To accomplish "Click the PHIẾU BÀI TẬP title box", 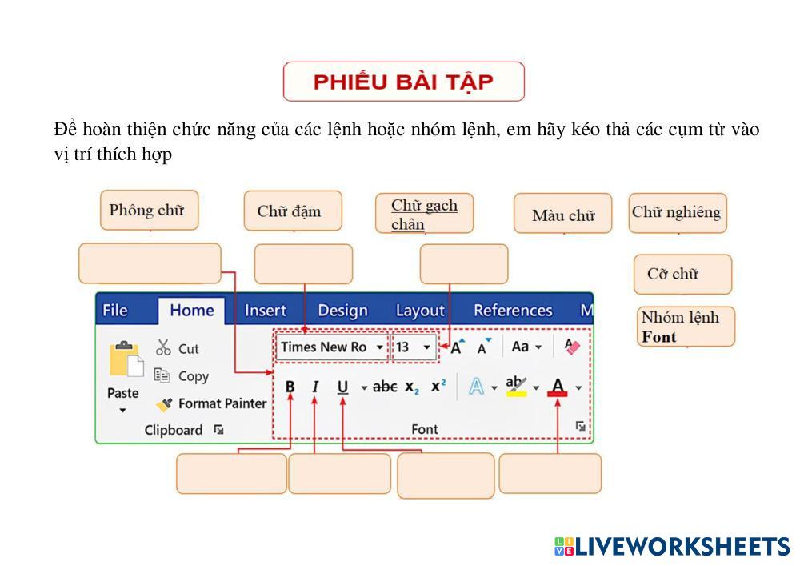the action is click(x=403, y=82).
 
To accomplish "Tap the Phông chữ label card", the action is click(x=148, y=211).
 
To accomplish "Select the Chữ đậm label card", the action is click(x=292, y=211).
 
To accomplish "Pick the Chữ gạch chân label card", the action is click(x=424, y=214).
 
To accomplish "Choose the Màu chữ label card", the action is click(x=562, y=215).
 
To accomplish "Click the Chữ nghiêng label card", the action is click(x=677, y=213).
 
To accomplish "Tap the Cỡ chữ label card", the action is click(x=682, y=275).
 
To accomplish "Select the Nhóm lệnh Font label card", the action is click(x=686, y=327).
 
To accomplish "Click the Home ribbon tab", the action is click(x=191, y=311).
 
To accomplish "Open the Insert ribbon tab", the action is click(x=265, y=311).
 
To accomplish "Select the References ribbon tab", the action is click(x=512, y=311).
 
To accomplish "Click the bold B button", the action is click(x=290, y=387).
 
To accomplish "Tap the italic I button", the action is click(x=315, y=387).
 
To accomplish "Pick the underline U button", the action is click(x=343, y=387).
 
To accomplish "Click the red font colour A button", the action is click(x=558, y=387).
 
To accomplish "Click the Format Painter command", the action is click(x=212, y=404).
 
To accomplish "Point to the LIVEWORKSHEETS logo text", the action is click(x=682, y=547).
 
